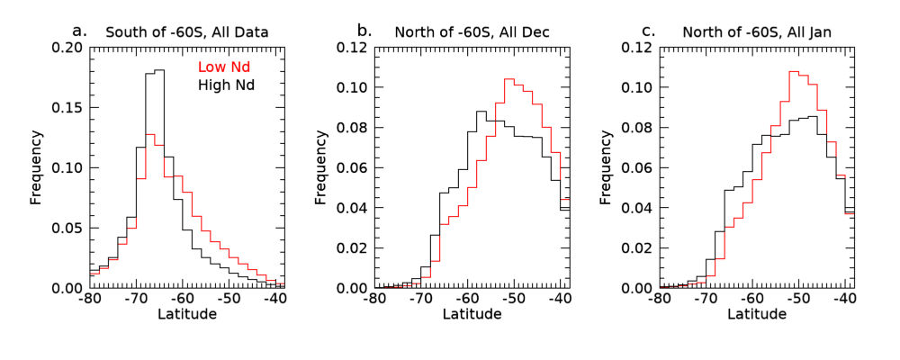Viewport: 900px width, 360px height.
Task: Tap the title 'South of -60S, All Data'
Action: tap(187, 33)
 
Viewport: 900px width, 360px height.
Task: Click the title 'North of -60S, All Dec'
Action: tap(472, 33)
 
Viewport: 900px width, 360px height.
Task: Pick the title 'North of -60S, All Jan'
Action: tap(757, 33)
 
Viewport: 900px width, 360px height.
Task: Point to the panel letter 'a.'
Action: tap(80, 31)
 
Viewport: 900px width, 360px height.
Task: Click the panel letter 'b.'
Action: tap(364, 31)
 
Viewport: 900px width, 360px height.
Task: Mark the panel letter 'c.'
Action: tap(648, 31)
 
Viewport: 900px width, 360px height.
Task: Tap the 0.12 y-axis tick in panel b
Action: tap(353, 48)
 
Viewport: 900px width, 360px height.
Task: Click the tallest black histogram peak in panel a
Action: tap(159, 70)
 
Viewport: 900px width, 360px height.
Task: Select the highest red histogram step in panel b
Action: tap(508, 79)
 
